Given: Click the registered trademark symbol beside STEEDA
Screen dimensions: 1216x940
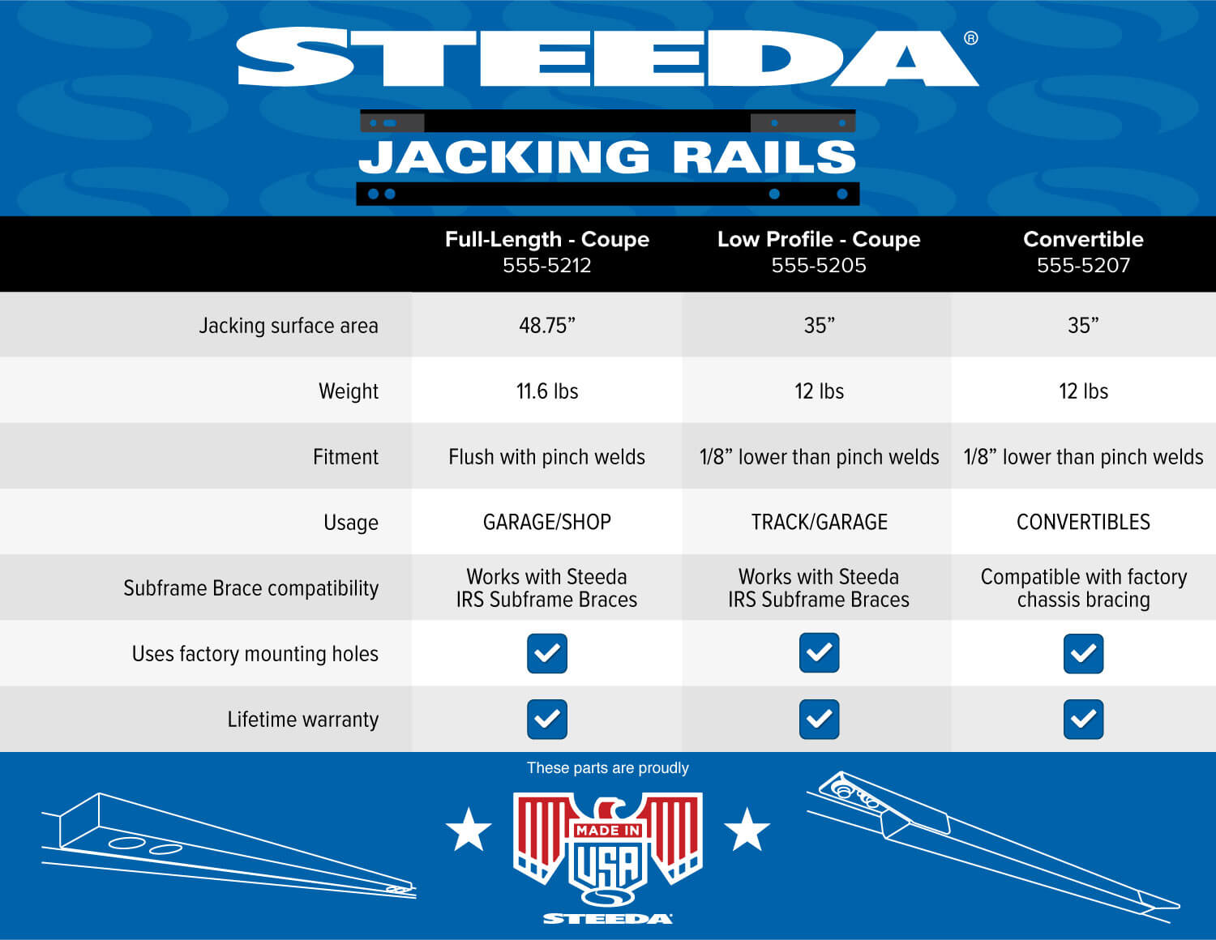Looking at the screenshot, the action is (x=971, y=38).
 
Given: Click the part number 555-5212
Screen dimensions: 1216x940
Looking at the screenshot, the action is (x=546, y=265).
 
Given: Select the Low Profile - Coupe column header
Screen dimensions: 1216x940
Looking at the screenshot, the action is (x=819, y=239).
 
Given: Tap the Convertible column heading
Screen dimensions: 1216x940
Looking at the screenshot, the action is (x=1083, y=239).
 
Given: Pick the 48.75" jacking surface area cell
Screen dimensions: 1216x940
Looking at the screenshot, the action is (x=546, y=326).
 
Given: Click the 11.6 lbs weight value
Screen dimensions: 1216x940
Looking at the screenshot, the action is (x=546, y=391).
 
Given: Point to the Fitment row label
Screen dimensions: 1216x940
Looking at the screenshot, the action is (x=345, y=457).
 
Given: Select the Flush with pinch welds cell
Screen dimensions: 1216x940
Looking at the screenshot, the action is (x=546, y=457).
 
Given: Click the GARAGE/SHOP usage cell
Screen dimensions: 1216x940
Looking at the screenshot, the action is (x=546, y=523).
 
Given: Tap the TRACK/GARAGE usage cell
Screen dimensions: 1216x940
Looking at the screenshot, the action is (x=820, y=523).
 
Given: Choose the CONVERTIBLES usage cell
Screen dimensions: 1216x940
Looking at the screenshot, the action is (x=1083, y=523).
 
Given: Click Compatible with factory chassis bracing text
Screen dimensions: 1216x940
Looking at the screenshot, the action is (x=1083, y=588).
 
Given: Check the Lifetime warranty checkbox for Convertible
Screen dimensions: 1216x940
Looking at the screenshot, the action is (x=1083, y=719).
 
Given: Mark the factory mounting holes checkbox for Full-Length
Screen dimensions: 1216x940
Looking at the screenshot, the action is (x=546, y=653).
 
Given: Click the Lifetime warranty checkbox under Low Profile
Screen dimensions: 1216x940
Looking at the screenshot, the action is (x=820, y=719).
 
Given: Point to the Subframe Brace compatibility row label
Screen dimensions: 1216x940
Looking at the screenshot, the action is (x=250, y=588).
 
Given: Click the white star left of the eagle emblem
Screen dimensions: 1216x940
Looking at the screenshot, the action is (x=469, y=829).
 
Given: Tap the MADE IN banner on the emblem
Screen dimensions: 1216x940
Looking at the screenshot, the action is (x=608, y=831).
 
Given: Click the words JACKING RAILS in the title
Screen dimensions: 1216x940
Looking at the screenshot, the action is (x=608, y=157).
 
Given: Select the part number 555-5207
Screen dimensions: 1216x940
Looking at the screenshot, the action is (x=1083, y=265).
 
